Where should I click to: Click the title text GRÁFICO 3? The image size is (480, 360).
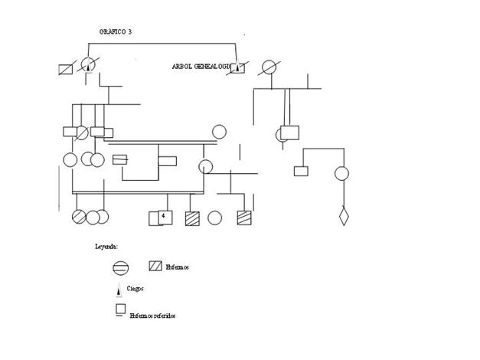point(116,31)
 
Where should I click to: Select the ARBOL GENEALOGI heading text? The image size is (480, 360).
point(201,67)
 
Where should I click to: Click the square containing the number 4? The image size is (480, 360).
point(162,218)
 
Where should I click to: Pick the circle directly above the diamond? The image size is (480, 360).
point(342,173)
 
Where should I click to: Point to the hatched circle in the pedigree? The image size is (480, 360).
point(80,218)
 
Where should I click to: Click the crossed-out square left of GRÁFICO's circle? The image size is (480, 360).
point(66,68)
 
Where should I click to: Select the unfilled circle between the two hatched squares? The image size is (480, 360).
point(215,218)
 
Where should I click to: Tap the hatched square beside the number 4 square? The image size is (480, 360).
point(192,218)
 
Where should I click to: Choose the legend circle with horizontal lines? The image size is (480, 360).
point(120,268)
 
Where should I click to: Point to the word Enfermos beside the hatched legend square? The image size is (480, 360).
point(177,267)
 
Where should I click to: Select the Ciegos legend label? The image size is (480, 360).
point(136,289)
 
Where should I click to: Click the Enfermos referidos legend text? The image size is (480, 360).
point(152,315)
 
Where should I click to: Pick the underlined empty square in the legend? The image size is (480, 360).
point(120,309)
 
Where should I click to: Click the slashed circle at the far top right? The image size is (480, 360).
point(269,67)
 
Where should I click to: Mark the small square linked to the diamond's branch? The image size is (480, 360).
point(301,171)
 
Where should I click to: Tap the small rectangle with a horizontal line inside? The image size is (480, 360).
point(119,160)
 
